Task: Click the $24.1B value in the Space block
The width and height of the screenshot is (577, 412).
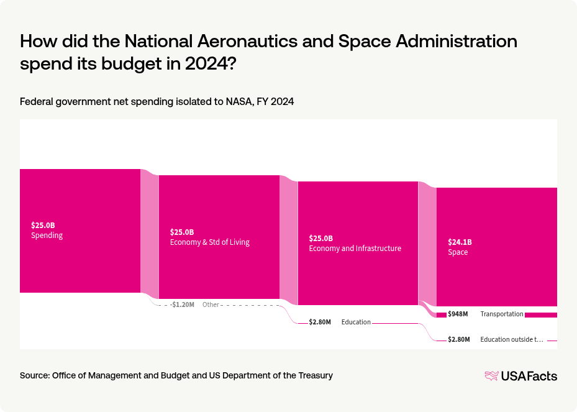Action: pos(460,242)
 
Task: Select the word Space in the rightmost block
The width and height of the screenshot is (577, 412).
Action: pos(458,252)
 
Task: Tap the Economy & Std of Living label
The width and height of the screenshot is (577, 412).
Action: pos(209,242)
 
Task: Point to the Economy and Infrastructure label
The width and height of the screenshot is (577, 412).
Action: pos(355,249)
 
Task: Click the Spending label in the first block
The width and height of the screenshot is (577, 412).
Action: pos(47,236)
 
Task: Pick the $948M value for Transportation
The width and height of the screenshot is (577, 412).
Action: pos(459,314)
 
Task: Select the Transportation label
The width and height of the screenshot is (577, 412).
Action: pos(502,314)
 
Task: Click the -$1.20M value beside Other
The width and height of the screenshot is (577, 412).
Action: pos(182,305)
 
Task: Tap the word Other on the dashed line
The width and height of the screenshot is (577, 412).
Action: pos(211,305)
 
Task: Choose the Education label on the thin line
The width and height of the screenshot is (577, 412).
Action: pos(356,323)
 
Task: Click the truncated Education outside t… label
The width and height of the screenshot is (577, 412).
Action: pos(511,340)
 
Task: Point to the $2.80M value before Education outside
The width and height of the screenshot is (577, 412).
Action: pos(459,340)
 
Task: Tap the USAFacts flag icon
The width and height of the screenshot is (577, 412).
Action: pos(491,376)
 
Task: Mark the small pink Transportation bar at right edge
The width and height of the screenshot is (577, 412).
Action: pos(540,315)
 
